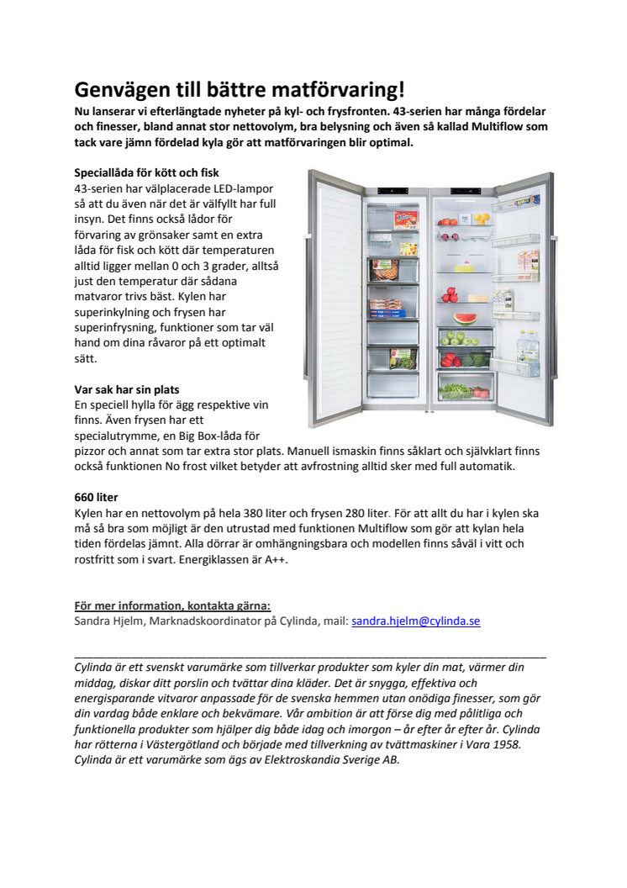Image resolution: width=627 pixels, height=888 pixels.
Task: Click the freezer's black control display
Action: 395,191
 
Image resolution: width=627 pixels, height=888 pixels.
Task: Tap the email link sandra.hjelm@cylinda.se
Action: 415,621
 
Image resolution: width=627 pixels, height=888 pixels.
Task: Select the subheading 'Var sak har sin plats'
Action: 127,389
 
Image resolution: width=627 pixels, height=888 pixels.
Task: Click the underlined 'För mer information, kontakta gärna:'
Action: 172,606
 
